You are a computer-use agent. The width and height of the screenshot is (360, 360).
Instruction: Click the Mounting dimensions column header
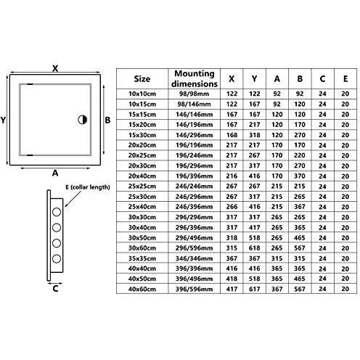pyautogui.click(x=195, y=78)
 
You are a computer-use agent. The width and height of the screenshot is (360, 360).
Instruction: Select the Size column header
pyautogui.click(x=142, y=79)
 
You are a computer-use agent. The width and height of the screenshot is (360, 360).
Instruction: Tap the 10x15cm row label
pyautogui.click(x=142, y=105)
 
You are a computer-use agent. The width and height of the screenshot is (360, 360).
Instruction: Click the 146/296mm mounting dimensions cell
pyautogui.click(x=195, y=135)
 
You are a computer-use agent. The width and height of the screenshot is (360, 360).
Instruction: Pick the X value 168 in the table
pyautogui.click(x=232, y=135)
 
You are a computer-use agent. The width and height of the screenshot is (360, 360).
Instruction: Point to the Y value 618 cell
pyautogui.click(x=254, y=248)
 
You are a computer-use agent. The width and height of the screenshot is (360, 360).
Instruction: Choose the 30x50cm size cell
pyautogui.click(x=142, y=238)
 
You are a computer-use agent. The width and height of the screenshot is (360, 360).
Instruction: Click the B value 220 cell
pyautogui.click(x=300, y=155)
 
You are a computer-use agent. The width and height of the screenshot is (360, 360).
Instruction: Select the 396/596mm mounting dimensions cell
pyautogui.click(x=195, y=289)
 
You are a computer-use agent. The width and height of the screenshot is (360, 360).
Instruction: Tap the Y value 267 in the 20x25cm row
pyautogui.click(x=254, y=155)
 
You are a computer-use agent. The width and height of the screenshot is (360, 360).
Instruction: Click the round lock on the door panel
pyautogui.click(x=83, y=120)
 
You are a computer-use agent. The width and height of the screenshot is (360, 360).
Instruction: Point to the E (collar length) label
pyautogui.click(x=88, y=187)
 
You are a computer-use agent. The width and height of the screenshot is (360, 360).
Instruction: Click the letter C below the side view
pyautogui.click(x=55, y=289)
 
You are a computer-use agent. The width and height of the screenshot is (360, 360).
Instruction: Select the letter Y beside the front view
pyautogui.click(x=3, y=120)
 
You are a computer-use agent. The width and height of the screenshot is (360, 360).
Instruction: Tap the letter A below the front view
pyautogui.click(x=55, y=173)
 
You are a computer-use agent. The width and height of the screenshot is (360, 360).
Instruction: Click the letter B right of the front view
pyautogui.click(x=107, y=120)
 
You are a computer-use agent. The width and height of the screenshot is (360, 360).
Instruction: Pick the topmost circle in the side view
pyautogui.click(x=57, y=212)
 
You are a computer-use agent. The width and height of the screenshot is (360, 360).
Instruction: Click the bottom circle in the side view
pyautogui.click(x=57, y=259)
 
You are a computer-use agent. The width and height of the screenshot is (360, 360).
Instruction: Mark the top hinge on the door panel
pyautogui.click(x=30, y=84)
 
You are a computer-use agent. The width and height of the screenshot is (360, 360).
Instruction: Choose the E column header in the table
pyautogui.click(x=345, y=79)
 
